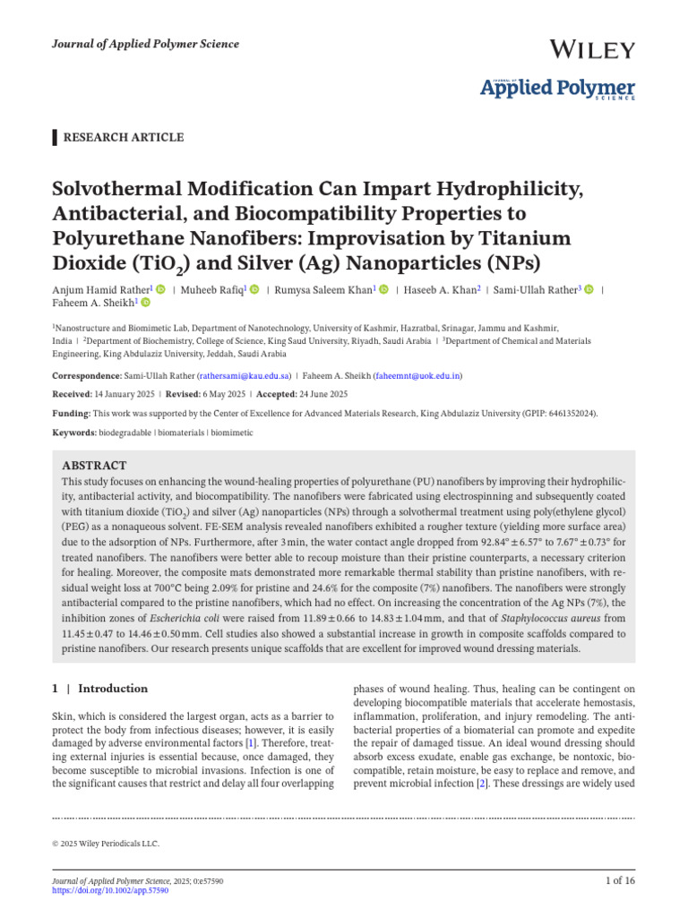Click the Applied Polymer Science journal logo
558,89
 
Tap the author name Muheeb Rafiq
212,289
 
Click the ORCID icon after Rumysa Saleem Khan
384,289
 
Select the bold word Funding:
71,413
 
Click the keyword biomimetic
233,432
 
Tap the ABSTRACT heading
94,466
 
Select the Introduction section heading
113,689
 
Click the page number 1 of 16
620,881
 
